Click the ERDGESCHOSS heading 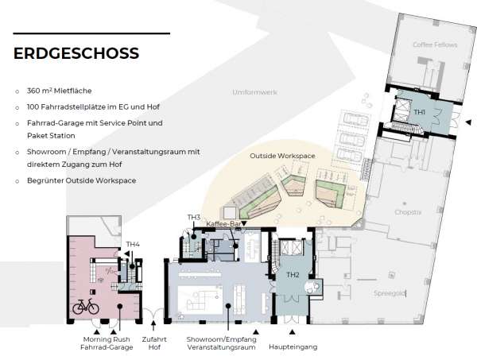76,54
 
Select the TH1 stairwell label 419,112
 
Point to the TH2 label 293,275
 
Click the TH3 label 193,217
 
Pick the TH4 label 133,244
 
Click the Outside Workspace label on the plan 281,157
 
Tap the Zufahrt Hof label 154,343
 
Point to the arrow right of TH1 467,122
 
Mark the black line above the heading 92,33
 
